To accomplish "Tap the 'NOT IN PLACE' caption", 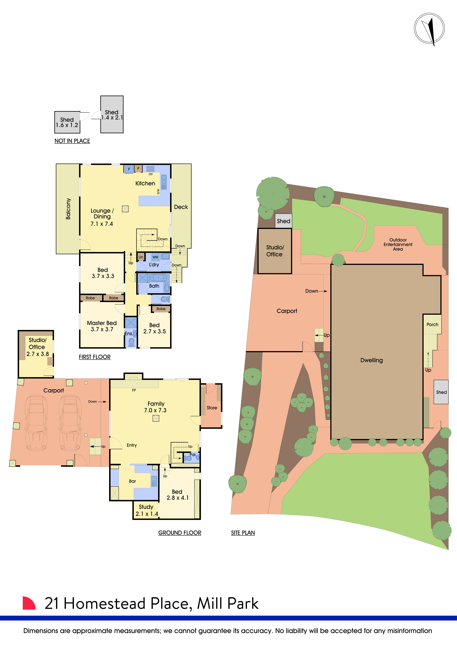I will coord(72,141).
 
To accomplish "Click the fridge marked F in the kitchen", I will coord(129,169).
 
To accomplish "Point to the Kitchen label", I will coord(145,183).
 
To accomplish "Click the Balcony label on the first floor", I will coord(68,209).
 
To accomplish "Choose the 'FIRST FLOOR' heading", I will coord(95,357).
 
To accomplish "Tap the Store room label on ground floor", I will coord(212,408).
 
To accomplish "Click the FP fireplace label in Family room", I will coord(134,390).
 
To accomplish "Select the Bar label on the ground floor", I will coord(132,481).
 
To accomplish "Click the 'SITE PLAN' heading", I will coord(243,533).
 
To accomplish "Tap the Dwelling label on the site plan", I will coord(371,360).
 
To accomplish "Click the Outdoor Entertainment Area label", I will coord(398,245).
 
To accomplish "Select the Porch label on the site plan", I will coord(432,324).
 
